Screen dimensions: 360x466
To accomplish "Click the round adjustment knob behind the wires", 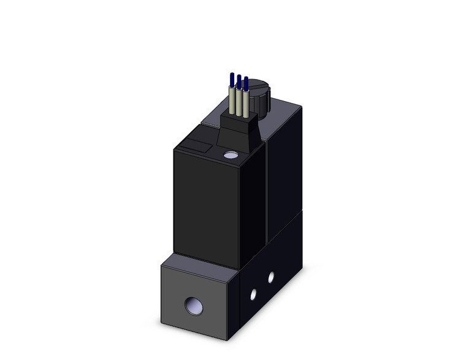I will [259, 96].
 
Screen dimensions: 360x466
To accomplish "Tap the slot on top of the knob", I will [260, 86].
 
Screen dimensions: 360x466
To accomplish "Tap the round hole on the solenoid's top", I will [231, 156].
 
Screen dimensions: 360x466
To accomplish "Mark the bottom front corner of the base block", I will [227, 339].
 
